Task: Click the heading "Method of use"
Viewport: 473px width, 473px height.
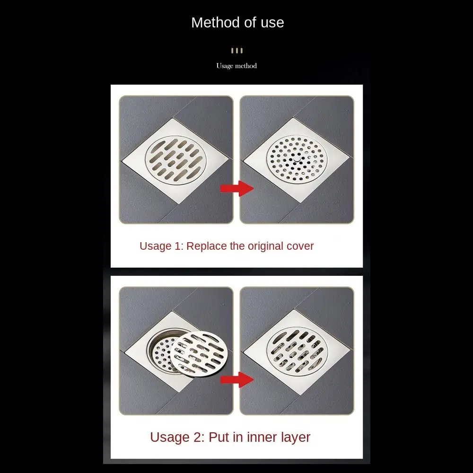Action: pos(237,23)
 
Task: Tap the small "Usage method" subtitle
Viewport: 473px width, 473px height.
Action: pos(236,66)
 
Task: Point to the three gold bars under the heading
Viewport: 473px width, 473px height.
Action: pos(236,51)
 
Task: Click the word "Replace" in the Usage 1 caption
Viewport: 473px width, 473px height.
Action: pos(206,246)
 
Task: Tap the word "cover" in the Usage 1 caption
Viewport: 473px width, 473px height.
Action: pos(300,246)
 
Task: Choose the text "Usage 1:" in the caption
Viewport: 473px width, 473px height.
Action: pos(161,246)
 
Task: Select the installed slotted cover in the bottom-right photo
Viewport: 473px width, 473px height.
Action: pos(297,352)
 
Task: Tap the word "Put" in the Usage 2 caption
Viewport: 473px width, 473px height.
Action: pos(219,437)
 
